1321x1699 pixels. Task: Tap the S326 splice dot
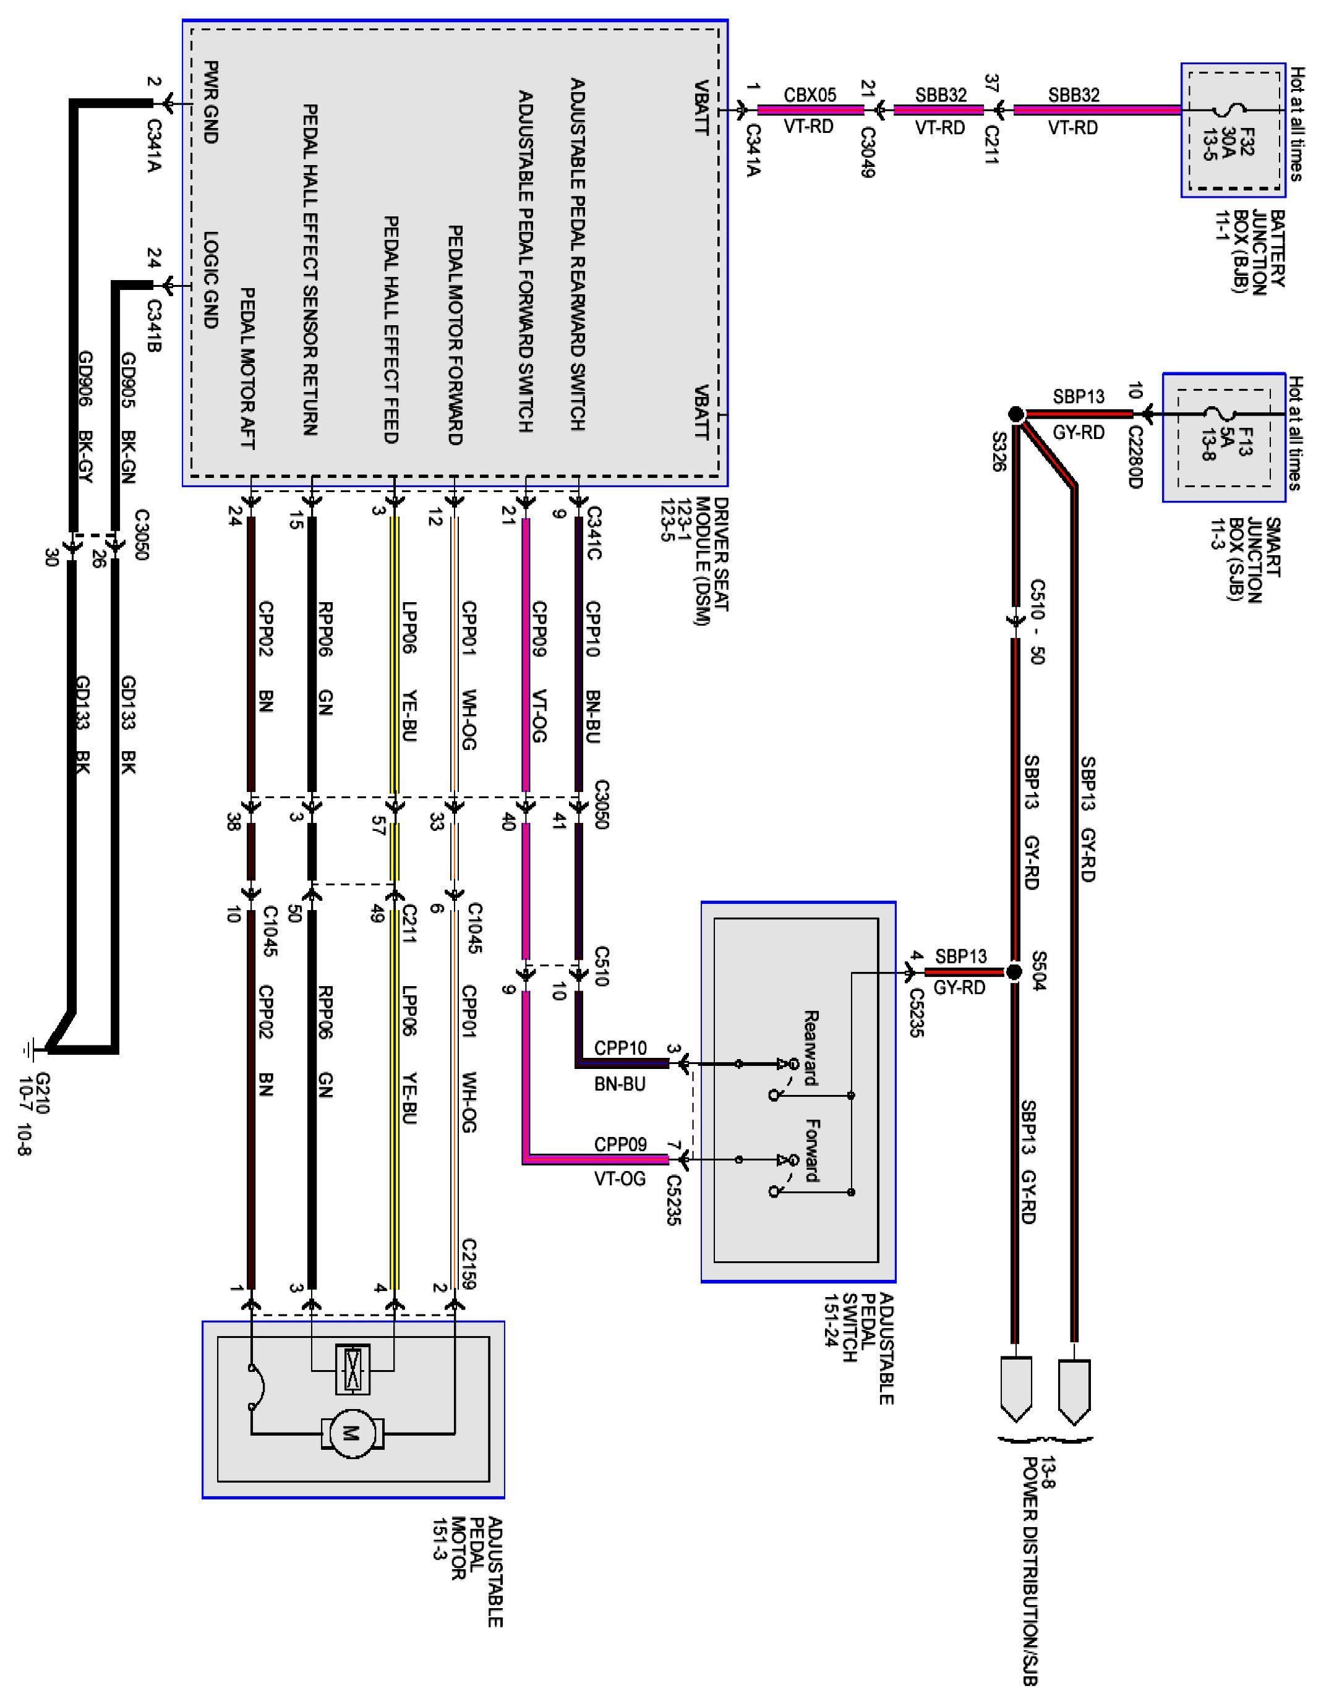pyautogui.click(x=1015, y=415)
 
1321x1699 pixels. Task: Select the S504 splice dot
pyautogui.click(x=1013, y=973)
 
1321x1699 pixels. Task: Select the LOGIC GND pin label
pyautogui.click(x=210, y=280)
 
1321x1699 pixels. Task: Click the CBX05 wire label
pyautogui.click(x=810, y=95)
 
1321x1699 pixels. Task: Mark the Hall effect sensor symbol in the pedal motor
pyautogui.click(x=352, y=1368)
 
